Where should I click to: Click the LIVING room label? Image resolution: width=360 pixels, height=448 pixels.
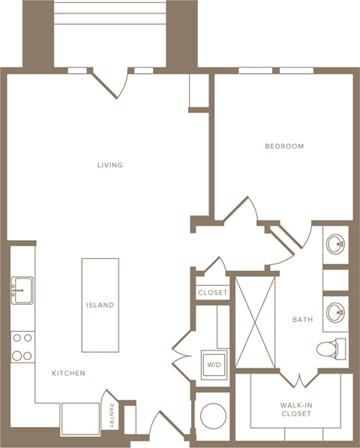(x=109, y=165)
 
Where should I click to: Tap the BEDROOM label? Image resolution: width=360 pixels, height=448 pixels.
(x=284, y=146)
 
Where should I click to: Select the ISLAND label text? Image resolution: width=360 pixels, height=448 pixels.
(x=100, y=305)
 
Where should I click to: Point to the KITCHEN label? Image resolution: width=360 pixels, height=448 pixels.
(x=68, y=373)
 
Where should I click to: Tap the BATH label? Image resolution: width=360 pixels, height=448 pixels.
(x=302, y=320)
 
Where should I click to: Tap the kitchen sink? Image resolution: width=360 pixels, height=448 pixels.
(x=22, y=289)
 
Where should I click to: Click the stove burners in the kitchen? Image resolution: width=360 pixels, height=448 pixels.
(x=22, y=347)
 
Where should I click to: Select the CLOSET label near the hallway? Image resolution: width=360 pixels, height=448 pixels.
(x=212, y=293)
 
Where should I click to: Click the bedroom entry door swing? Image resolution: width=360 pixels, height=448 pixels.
(x=244, y=212)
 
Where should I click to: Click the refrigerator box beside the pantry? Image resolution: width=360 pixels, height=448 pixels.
(x=80, y=419)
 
